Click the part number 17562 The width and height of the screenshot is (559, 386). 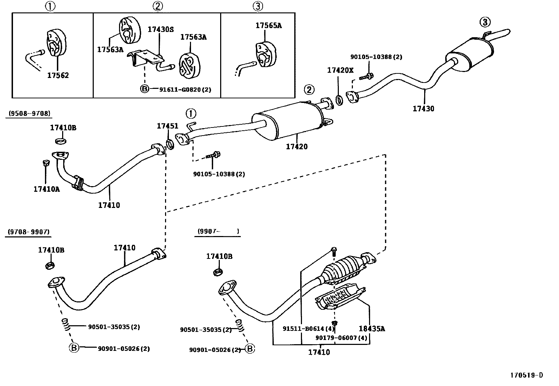58,75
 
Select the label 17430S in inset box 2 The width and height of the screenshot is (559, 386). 160,30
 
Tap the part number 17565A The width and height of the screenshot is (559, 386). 269,26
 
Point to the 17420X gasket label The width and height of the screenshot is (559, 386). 340,70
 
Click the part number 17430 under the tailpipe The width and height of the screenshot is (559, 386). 423,109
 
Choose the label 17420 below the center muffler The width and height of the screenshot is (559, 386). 297,146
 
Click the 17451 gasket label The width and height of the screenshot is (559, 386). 167,126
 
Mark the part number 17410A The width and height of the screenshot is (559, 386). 47,189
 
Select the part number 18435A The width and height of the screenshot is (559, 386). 372,329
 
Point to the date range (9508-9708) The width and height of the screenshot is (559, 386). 29,113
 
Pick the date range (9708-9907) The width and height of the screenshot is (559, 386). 28,232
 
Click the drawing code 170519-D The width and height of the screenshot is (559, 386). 527,375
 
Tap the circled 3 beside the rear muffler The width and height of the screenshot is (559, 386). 485,22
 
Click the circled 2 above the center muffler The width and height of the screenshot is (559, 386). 309,89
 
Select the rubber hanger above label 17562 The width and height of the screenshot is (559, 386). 57,43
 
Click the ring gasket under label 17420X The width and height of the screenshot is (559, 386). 339,100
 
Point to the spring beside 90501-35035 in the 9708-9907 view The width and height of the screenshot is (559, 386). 66,325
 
